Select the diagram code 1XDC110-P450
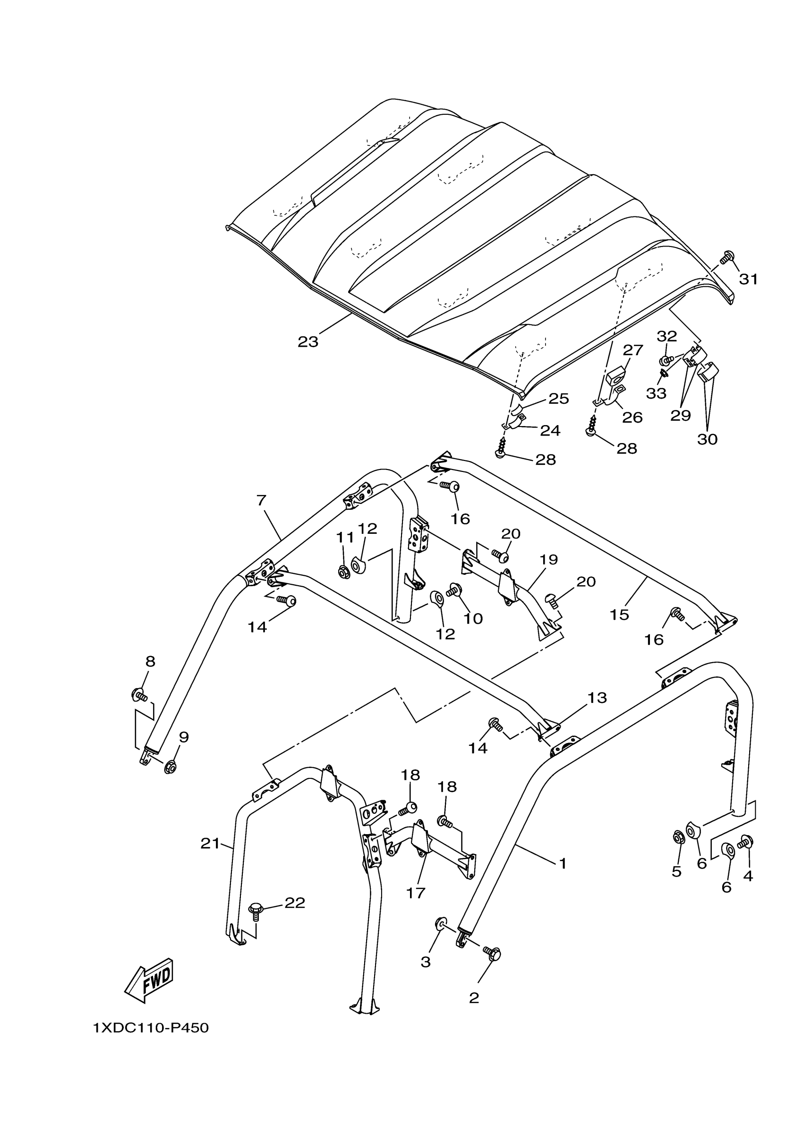[151, 1028]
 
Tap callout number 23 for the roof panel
[308, 342]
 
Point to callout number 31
[748, 280]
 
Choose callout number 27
[633, 350]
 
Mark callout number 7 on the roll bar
[262, 500]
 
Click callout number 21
[210, 844]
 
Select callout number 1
[563, 863]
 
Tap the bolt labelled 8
[138, 696]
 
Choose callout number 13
[597, 698]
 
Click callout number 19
[549, 560]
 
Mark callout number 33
[656, 393]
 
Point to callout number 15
[619, 615]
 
